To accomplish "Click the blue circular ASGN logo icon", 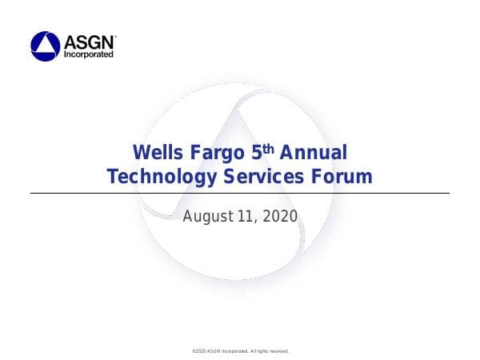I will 45,46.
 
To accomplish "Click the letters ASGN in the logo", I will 88,42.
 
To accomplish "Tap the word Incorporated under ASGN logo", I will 88,54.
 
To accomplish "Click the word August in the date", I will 206,216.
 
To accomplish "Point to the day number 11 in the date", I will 245,216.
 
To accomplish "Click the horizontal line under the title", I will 240,193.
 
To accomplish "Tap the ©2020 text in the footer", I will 201,351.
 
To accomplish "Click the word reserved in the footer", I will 276,351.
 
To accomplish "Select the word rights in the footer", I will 258,351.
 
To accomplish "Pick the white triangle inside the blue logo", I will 45,46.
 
